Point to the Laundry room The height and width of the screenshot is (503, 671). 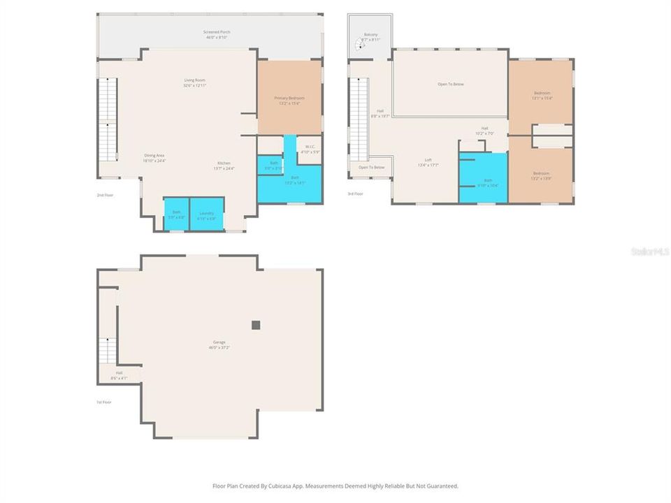click(x=206, y=214)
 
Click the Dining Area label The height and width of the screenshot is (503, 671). click(x=154, y=157)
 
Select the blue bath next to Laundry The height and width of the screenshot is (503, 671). click(x=177, y=214)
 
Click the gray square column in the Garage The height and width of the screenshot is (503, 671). click(x=256, y=325)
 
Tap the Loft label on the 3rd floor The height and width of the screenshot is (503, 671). click(x=428, y=162)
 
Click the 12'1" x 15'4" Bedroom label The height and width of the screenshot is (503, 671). click(x=542, y=96)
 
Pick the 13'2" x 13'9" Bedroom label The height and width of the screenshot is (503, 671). click(x=542, y=175)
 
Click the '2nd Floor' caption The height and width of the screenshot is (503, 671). click(x=104, y=195)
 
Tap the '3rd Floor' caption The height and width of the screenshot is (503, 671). click(x=355, y=194)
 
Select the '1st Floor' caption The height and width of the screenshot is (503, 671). click(x=103, y=402)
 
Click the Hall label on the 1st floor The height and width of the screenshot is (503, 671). click(x=119, y=375)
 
